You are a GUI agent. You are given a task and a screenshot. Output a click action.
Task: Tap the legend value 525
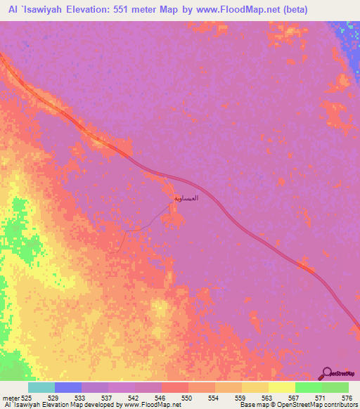(x=28, y=397)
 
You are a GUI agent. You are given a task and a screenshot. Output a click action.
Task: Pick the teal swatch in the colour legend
(x=41, y=387)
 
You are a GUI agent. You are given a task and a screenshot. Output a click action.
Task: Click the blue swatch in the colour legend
(x=68, y=387)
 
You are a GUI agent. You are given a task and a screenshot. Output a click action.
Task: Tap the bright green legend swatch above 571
(x=308, y=387)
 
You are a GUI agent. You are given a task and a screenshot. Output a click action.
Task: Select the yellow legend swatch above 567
(x=281, y=387)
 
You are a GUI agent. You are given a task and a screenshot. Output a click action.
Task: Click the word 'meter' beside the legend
(x=10, y=397)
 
